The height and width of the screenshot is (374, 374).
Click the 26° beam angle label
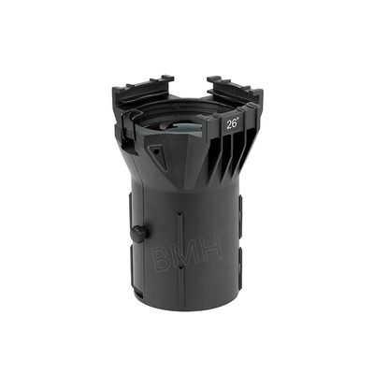232,122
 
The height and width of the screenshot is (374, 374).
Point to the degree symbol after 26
238,119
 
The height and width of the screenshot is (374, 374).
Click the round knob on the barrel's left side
138,232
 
